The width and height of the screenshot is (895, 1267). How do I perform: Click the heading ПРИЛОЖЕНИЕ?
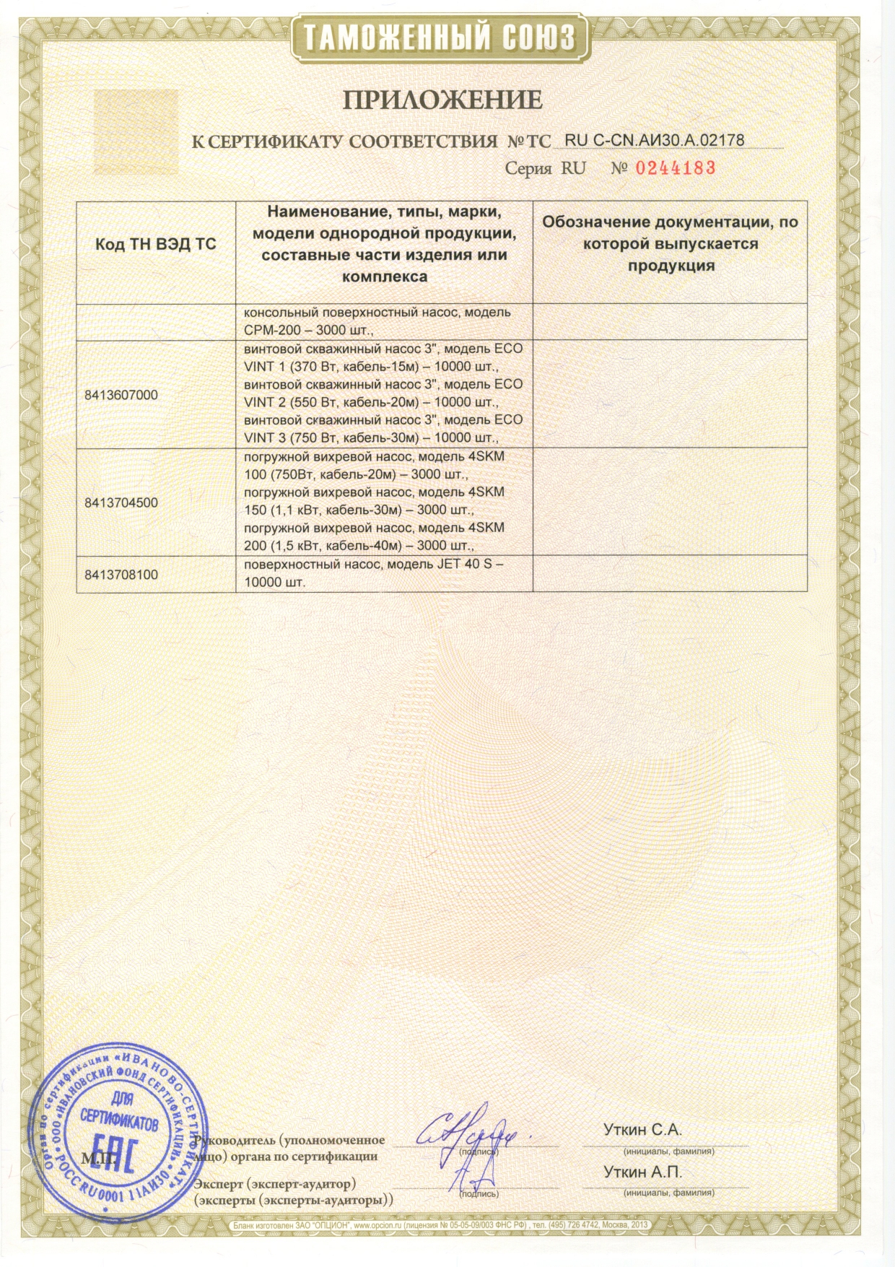442,99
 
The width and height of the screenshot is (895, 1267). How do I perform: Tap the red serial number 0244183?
675,168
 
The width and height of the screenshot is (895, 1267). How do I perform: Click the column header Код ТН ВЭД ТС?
156,244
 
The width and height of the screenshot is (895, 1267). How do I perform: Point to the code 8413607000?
121,395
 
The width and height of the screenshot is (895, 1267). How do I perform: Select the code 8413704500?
121,502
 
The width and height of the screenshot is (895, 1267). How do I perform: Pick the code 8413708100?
121,575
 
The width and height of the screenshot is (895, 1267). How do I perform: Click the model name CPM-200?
268,331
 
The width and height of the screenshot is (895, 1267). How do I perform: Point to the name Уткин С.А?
642,1131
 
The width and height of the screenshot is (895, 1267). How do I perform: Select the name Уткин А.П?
642,1173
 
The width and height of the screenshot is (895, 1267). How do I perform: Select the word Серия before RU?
528,169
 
